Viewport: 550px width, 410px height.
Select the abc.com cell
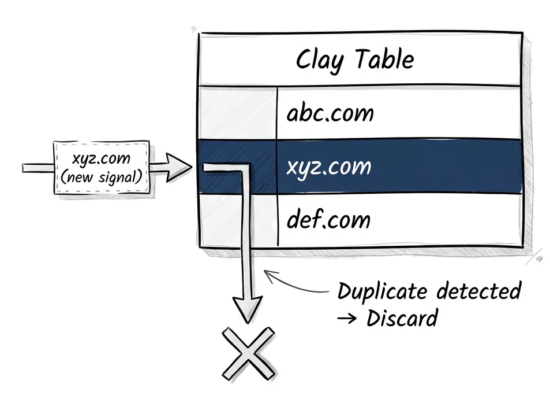[330, 113]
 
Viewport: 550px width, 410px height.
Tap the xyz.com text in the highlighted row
[329, 167]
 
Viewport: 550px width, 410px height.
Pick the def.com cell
[328, 220]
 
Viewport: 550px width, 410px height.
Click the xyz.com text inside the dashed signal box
[101, 158]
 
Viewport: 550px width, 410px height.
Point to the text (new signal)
[101, 175]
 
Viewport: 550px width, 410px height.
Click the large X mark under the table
[248, 353]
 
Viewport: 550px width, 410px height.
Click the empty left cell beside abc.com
[237, 113]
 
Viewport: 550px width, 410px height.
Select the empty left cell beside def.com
[237, 220]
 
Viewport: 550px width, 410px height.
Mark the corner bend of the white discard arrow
[247, 169]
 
